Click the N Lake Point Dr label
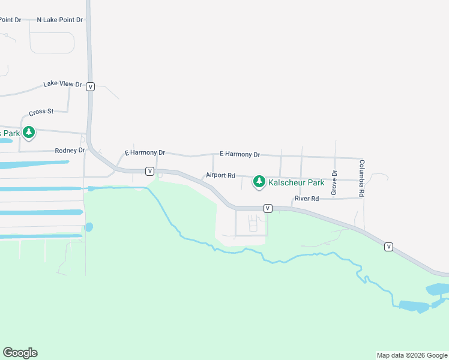click(59, 20)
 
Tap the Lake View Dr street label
click(62, 85)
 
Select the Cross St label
click(41, 112)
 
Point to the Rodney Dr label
click(70, 151)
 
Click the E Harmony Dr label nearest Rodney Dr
click(145, 153)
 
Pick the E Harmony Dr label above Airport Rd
click(240, 154)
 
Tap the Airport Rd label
click(220, 176)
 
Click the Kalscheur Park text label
click(297, 182)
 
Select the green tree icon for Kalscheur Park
click(259, 181)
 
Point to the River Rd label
click(306, 199)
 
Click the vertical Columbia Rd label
click(362, 178)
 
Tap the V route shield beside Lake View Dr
click(90, 86)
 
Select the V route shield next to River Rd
click(268, 208)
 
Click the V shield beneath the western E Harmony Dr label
click(149, 171)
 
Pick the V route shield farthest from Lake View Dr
click(389, 247)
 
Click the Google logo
click(20, 353)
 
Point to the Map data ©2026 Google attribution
click(412, 355)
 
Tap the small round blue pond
click(89, 227)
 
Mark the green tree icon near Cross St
click(28, 132)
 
